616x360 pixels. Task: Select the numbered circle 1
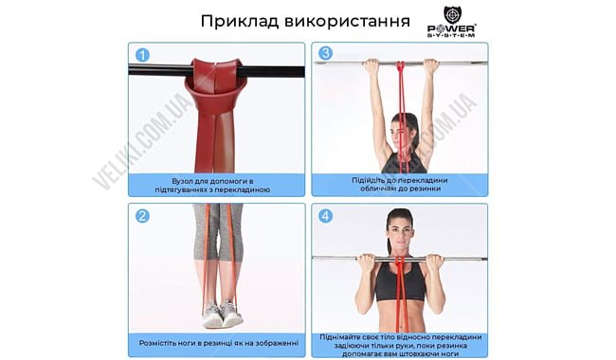[141, 54]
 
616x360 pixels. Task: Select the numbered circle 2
[141, 215]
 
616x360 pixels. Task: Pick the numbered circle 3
[325, 54]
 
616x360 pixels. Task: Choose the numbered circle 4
[325, 215]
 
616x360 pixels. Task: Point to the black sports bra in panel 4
[399, 281]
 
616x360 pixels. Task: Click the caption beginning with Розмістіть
[217, 343]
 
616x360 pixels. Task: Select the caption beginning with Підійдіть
[400, 184]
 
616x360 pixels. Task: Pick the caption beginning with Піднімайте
[400, 343]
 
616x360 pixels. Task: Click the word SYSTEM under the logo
[465, 35]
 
